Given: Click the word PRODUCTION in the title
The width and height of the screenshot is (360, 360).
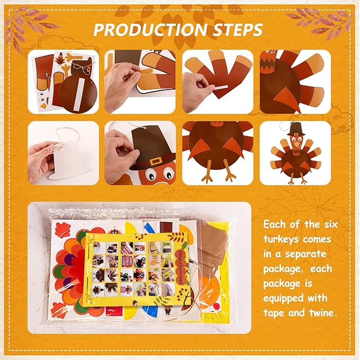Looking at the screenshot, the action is click(x=150, y=30).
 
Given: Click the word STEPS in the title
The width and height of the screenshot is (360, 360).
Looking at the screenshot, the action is click(x=238, y=30).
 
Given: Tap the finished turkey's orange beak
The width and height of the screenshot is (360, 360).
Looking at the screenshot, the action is click(x=297, y=145).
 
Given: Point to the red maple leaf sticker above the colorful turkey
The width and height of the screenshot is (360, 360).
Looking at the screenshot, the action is click(x=63, y=230).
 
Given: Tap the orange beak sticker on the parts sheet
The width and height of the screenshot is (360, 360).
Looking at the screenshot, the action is click(x=43, y=106).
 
